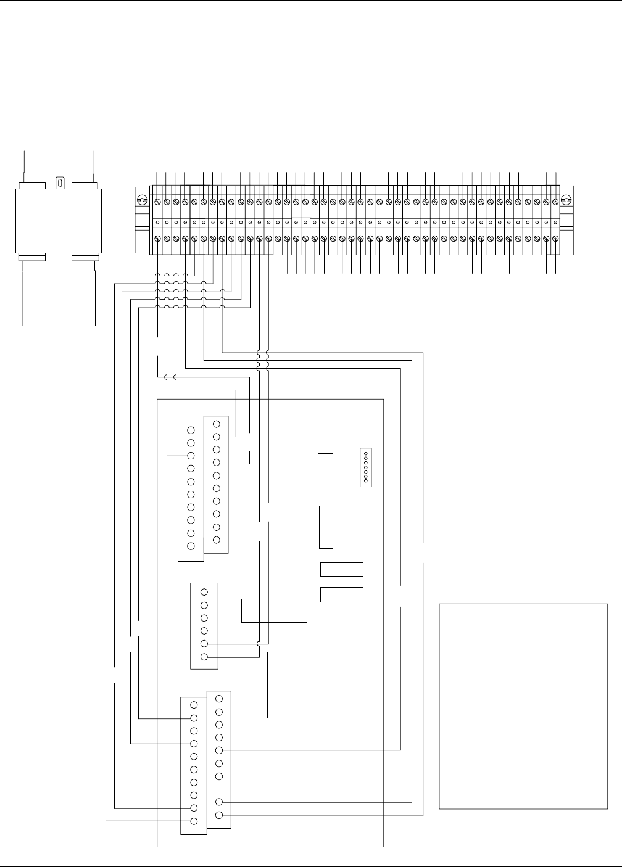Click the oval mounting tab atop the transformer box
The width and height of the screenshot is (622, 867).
tap(60, 183)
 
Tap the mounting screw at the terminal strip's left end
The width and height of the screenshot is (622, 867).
tap(141, 200)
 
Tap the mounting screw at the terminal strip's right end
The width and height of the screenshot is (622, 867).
tap(565, 200)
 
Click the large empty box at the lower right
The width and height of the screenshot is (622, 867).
tap(523, 705)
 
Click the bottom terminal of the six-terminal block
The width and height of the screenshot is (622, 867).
tap(204, 657)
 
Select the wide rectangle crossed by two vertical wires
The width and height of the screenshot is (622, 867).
tap(273, 610)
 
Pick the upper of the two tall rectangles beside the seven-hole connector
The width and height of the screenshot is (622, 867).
tap(325, 474)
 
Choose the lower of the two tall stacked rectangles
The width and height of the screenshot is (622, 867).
tap(326, 527)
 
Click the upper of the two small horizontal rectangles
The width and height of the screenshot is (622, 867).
tap(341, 569)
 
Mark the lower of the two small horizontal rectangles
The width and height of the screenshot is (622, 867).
tap(341, 594)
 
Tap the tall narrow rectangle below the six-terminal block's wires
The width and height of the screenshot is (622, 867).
tap(259, 684)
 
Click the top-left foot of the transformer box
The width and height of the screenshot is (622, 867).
tap(31, 184)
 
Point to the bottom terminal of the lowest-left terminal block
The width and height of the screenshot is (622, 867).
tap(194, 821)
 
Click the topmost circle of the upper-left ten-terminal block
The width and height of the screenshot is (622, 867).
tap(191, 430)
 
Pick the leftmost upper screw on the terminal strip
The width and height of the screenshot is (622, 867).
tap(157, 202)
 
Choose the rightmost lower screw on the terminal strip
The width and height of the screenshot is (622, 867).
tap(555, 239)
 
